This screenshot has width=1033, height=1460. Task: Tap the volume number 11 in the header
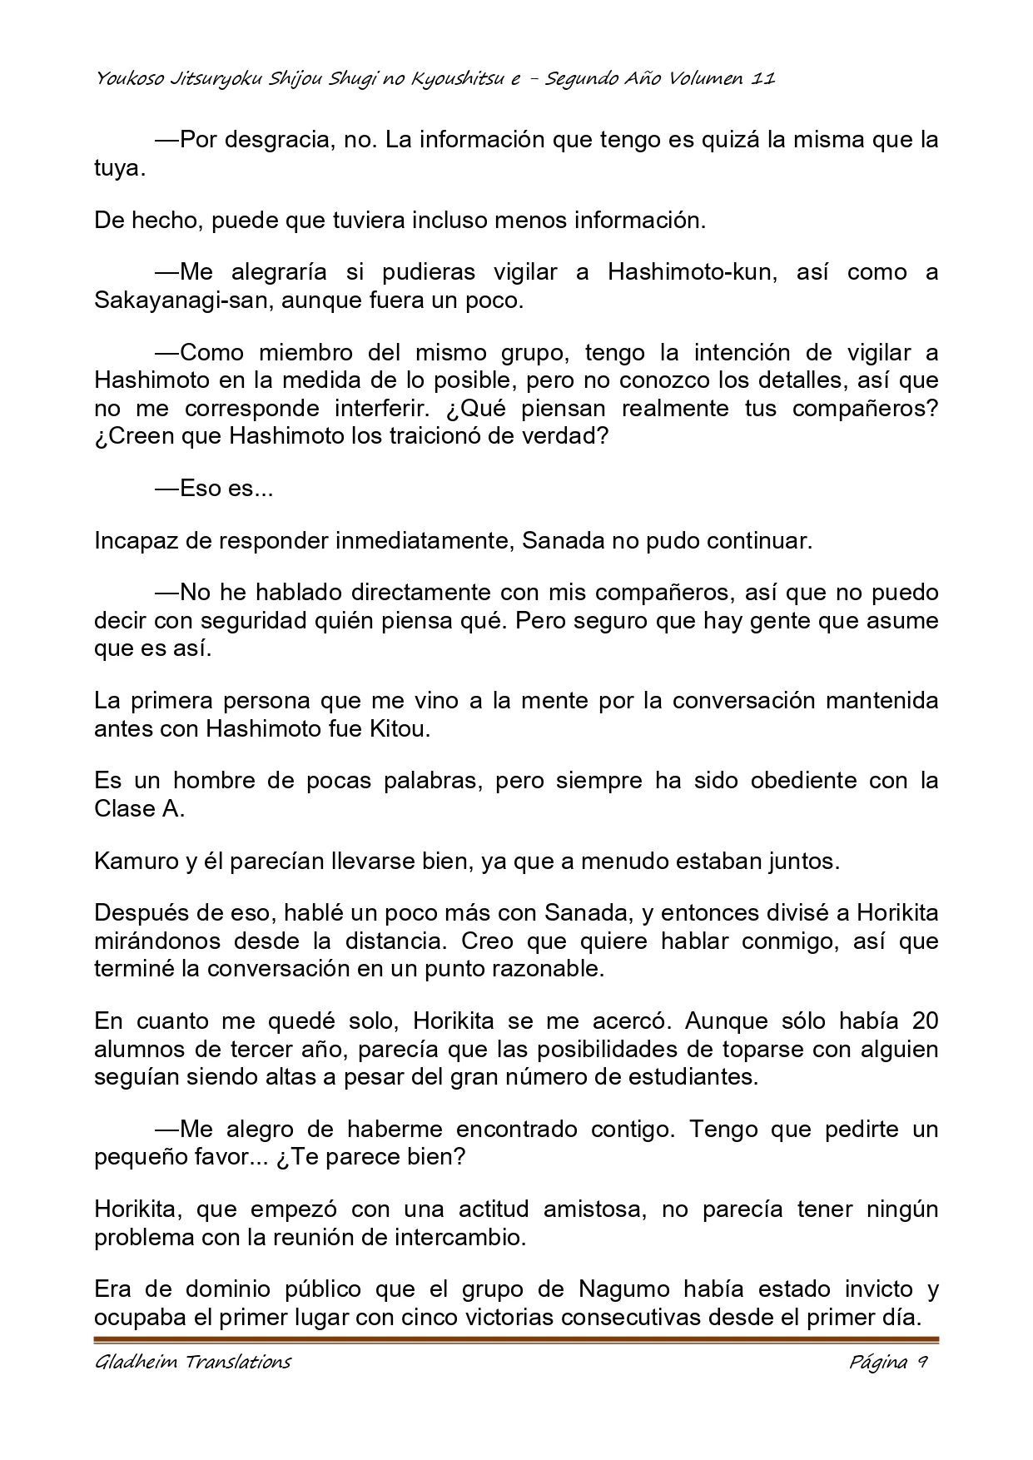click(763, 79)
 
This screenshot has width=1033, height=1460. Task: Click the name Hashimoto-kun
click(691, 272)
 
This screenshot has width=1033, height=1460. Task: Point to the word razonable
click(543, 969)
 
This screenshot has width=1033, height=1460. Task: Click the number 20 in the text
click(925, 1021)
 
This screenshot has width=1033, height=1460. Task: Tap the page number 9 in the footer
click(922, 1363)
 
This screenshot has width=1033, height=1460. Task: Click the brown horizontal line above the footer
click(516, 1340)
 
